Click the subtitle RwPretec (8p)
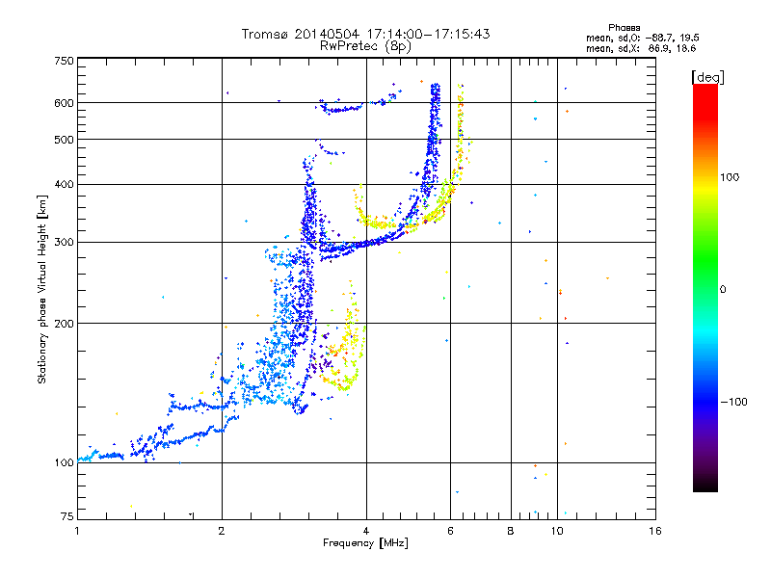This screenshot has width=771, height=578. [x=365, y=46]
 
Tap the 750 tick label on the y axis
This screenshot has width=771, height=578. [x=64, y=61]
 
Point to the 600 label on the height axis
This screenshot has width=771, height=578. [x=64, y=103]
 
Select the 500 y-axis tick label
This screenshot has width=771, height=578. [x=64, y=140]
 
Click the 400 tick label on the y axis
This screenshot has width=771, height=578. [x=64, y=184]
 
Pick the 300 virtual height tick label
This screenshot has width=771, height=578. [x=64, y=242]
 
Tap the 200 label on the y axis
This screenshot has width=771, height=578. [x=64, y=323]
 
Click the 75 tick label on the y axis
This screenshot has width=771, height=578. [x=67, y=516]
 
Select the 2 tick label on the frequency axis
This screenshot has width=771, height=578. [x=222, y=531]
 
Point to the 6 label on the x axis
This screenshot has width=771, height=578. [x=450, y=531]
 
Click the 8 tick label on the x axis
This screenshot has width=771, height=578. [x=511, y=531]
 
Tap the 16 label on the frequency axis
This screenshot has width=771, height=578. [x=655, y=531]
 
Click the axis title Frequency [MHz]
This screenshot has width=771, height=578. [x=365, y=543]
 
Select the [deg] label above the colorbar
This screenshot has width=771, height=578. [x=707, y=78]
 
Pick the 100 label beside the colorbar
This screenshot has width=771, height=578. [x=730, y=177]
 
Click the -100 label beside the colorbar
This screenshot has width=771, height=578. [x=733, y=402]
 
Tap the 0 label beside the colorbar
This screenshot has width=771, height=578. [x=723, y=290]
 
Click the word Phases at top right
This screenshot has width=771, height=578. [x=624, y=28]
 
